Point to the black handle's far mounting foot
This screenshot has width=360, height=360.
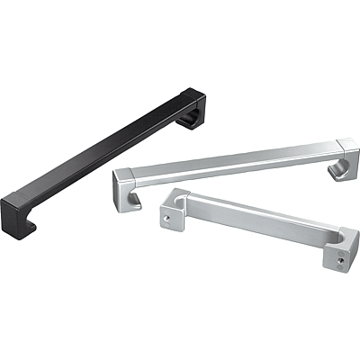(x=193, y=121)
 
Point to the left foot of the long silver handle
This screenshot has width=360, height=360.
(x=123, y=200)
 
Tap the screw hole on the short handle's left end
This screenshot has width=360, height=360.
(x=165, y=217)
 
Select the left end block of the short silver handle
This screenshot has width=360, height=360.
(x=171, y=211)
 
